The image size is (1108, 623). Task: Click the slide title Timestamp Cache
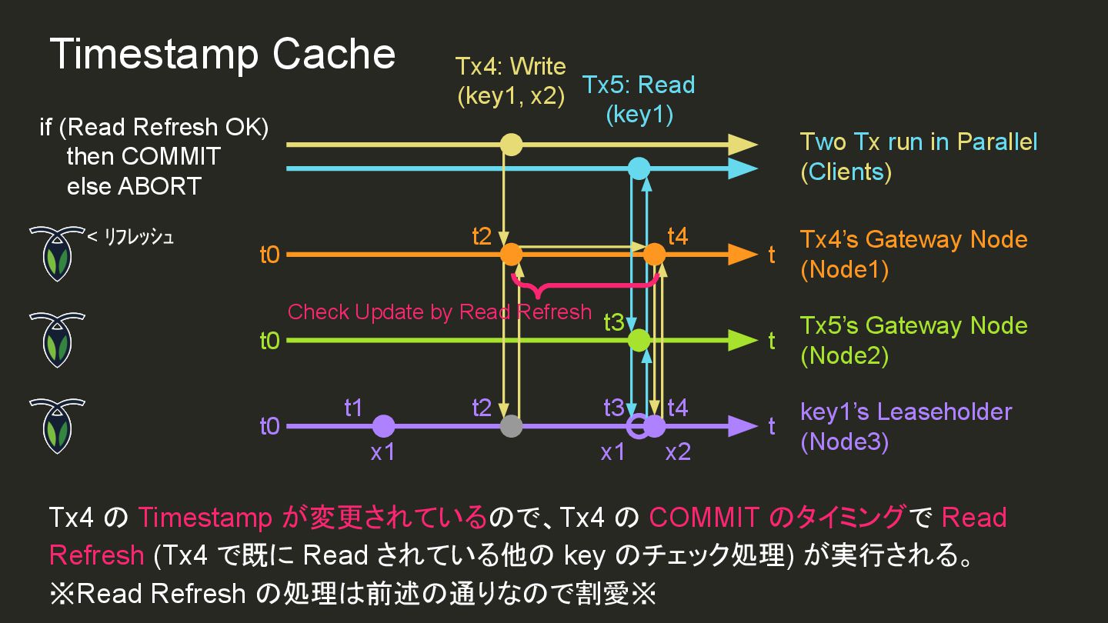(222, 55)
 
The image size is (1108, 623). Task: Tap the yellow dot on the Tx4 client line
(511, 145)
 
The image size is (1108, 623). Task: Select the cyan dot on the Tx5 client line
(639, 168)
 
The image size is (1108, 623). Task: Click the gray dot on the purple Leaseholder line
(511, 426)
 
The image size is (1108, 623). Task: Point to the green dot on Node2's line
(639, 340)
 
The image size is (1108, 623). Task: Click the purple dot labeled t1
(383, 426)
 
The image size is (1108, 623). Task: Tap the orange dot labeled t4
(654, 254)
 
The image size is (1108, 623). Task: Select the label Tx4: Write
(510, 66)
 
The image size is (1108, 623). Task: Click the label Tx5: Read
(639, 85)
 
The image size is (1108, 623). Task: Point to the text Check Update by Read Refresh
(439, 311)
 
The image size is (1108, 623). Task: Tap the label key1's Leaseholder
(906, 411)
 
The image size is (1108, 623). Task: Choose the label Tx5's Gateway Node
(913, 325)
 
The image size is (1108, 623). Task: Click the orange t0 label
(269, 255)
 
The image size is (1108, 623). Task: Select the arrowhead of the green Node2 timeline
(743, 340)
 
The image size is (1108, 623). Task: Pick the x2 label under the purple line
(678, 452)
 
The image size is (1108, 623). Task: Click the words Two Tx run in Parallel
(919, 142)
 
